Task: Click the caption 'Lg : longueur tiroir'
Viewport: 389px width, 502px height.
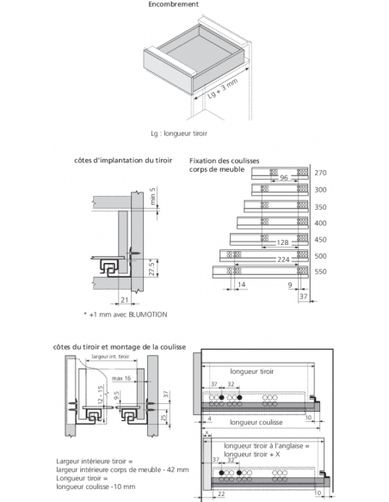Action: [x=179, y=134]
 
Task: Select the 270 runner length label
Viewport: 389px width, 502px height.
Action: [x=320, y=173]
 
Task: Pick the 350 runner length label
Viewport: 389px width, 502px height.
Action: [x=320, y=206]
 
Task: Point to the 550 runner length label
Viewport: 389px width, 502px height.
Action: [x=320, y=272]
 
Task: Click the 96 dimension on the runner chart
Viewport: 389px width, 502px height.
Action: [x=283, y=178]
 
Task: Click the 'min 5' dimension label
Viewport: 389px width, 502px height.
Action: [x=152, y=199]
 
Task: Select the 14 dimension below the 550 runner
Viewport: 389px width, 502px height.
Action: [x=241, y=285]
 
